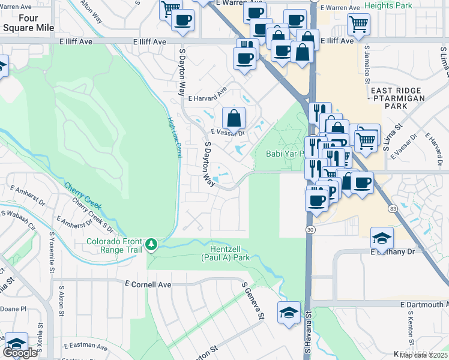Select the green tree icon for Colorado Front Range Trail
tap(153, 244)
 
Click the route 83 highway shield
tap(393, 208)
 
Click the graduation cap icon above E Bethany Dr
tap(382, 238)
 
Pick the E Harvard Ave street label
tap(207, 94)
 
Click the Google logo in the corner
tap(20, 353)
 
